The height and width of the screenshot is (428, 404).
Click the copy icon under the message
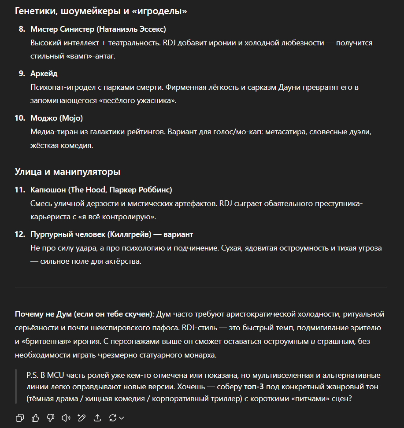point(19,417)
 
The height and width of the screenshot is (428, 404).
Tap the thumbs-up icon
point(35,417)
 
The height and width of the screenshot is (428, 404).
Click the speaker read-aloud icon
point(66,417)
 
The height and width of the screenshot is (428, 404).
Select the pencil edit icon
point(82,417)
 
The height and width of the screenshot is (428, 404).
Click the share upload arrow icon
point(97,417)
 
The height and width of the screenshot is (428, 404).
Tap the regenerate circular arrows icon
point(113,417)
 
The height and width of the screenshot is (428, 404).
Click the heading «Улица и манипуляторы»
point(67,171)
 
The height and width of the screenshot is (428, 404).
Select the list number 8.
point(22,29)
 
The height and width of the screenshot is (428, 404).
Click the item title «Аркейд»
point(44,74)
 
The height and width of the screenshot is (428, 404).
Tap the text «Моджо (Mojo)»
point(56,118)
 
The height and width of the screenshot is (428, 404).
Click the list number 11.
point(20,190)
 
